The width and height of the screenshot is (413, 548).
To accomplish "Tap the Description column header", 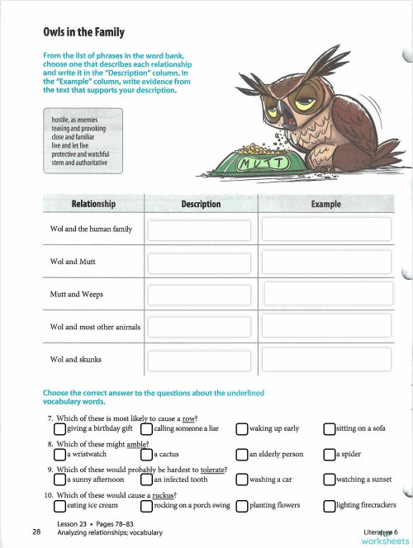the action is coord(201,204).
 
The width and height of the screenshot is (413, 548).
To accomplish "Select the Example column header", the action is coord(325,204).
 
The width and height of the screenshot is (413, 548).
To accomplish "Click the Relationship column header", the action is coord(93,204).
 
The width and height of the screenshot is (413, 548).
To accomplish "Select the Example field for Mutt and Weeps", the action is coord(325,295).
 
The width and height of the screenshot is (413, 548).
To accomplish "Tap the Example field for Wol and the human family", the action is coord(325,231).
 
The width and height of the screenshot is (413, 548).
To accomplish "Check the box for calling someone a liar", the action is coord(147,428).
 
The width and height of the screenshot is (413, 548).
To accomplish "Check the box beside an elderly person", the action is coord(241,453).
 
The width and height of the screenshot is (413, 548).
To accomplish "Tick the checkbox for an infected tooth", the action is coord(147,479).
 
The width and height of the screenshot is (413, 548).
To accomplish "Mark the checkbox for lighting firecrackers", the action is coord(329,505).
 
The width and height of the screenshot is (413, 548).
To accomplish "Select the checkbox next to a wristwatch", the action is coord(59,453).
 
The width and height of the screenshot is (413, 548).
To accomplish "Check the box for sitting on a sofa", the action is coord(329,428).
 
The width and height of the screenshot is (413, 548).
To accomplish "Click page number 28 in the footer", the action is coord(37,531).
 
